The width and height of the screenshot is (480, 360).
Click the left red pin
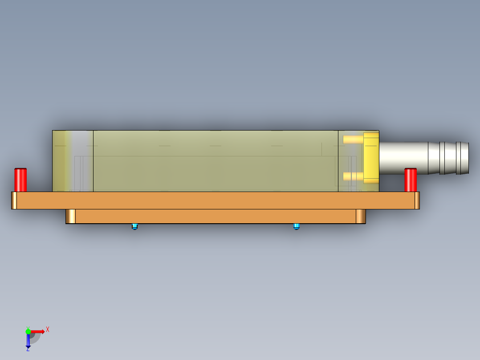(20, 180)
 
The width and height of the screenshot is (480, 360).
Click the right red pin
(410, 180)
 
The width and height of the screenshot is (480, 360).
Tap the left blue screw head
(135, 226)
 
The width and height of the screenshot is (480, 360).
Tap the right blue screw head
(297, 226)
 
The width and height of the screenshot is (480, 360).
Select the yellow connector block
(371, 158)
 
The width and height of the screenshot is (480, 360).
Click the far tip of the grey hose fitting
(466, 158)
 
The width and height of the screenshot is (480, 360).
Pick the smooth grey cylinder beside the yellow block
(403, 158)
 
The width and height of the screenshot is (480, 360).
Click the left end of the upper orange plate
(14, 200)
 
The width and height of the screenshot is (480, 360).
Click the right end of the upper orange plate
(417, 200)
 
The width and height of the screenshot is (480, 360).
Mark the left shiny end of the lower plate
(70, 217)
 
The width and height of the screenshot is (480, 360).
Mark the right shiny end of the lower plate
(361, 217)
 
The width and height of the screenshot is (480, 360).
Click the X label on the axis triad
(48, 329)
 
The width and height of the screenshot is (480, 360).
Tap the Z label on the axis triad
(28, 349)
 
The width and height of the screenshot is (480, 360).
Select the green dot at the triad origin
(28, 331)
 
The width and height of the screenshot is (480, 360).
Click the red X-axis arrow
(38, 331)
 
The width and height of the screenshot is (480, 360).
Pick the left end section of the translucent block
(73, 161)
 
